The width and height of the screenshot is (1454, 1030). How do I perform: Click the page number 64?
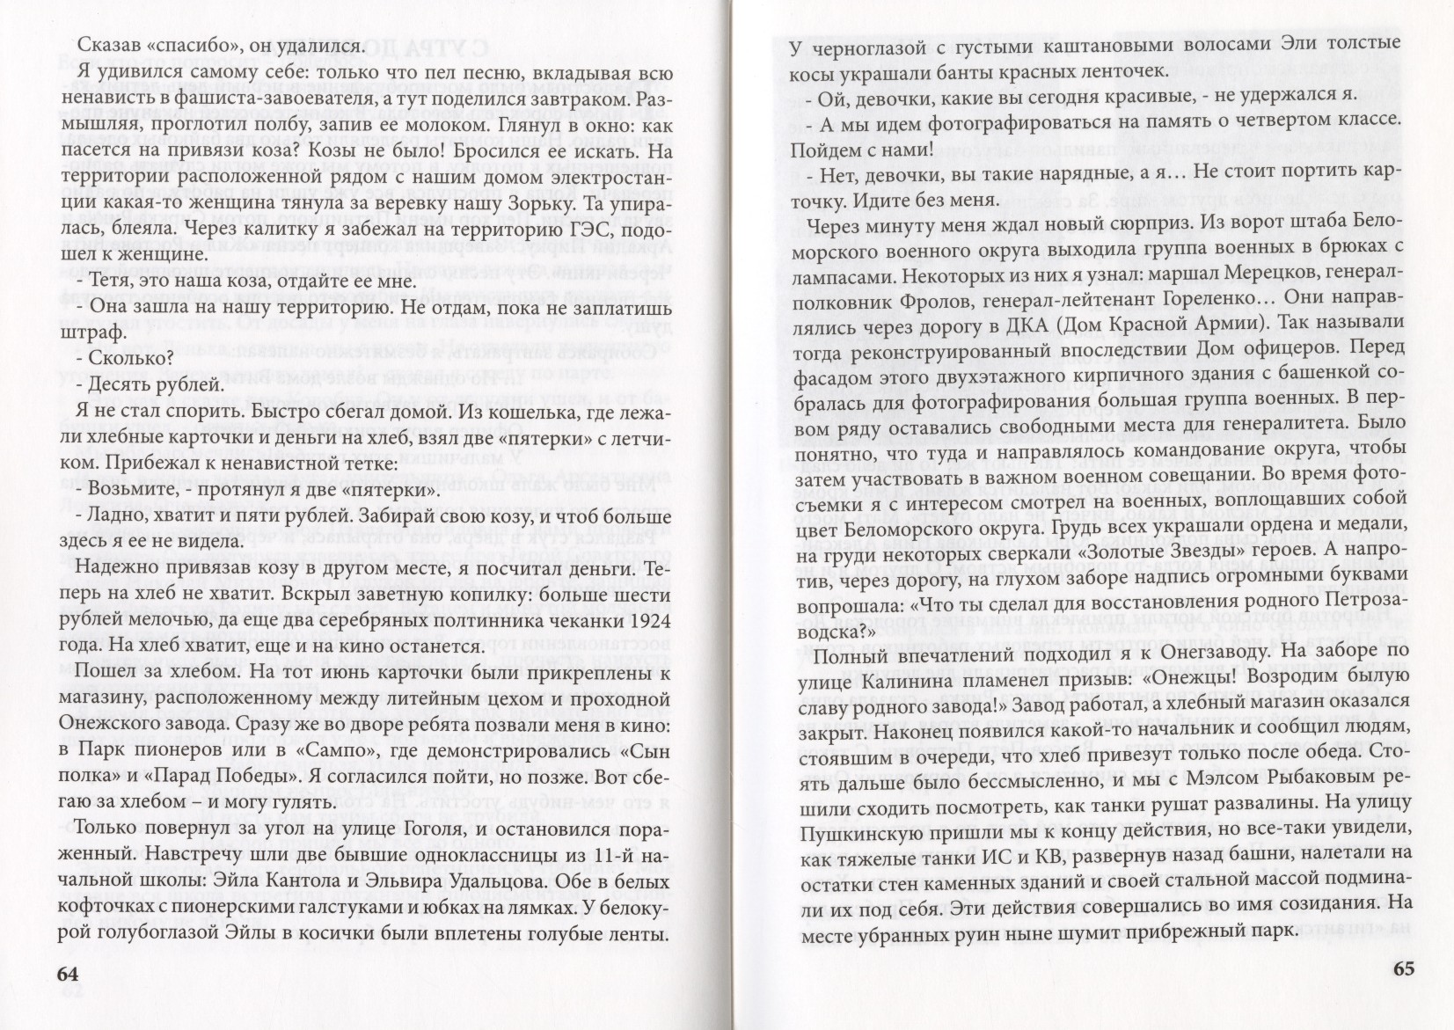pos(68,974)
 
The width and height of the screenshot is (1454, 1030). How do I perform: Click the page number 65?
pos(1404,969)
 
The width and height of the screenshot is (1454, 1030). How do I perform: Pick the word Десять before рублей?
pos(137,385)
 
